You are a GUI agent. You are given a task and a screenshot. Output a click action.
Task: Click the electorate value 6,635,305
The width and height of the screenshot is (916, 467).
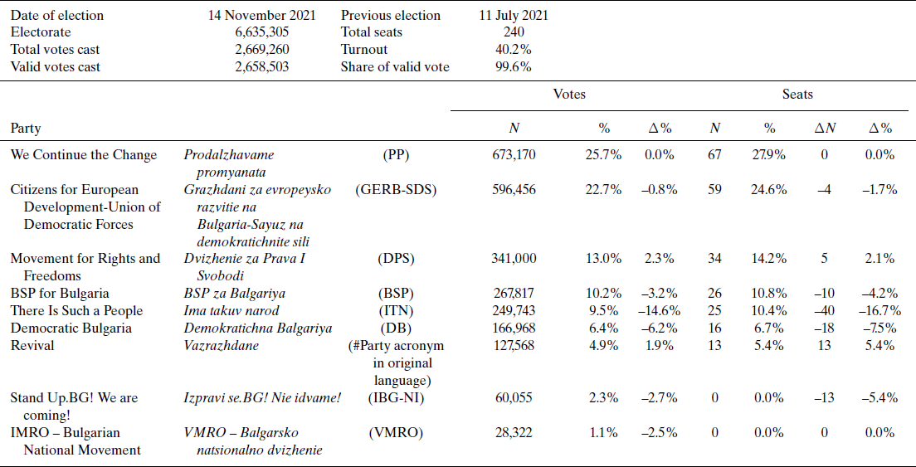[x=262, y=32]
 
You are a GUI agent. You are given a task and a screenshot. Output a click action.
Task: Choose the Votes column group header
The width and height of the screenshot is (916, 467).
[x=569, y=95]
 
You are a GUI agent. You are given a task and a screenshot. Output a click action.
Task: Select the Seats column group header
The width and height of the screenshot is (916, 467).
[x=797, y=95]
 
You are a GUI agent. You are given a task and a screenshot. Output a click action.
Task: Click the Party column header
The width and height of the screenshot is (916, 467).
[x=26, y=129]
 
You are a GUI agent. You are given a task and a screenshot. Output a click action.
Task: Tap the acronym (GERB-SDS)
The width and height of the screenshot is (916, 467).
[x=396, y=190]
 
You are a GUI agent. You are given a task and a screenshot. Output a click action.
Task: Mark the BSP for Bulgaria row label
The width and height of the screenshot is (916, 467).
[x=60, y=294]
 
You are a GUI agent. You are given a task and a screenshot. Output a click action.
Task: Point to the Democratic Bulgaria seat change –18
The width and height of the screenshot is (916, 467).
[x=823, y=328]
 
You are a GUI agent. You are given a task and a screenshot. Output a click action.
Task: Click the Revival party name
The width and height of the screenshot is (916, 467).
[x=32, y=346]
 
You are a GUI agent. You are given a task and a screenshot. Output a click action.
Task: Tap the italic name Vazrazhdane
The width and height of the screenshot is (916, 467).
[x=222, y=346]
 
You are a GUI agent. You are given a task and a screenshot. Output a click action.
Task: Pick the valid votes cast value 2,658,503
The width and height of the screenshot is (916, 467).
[x=262, y=67]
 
